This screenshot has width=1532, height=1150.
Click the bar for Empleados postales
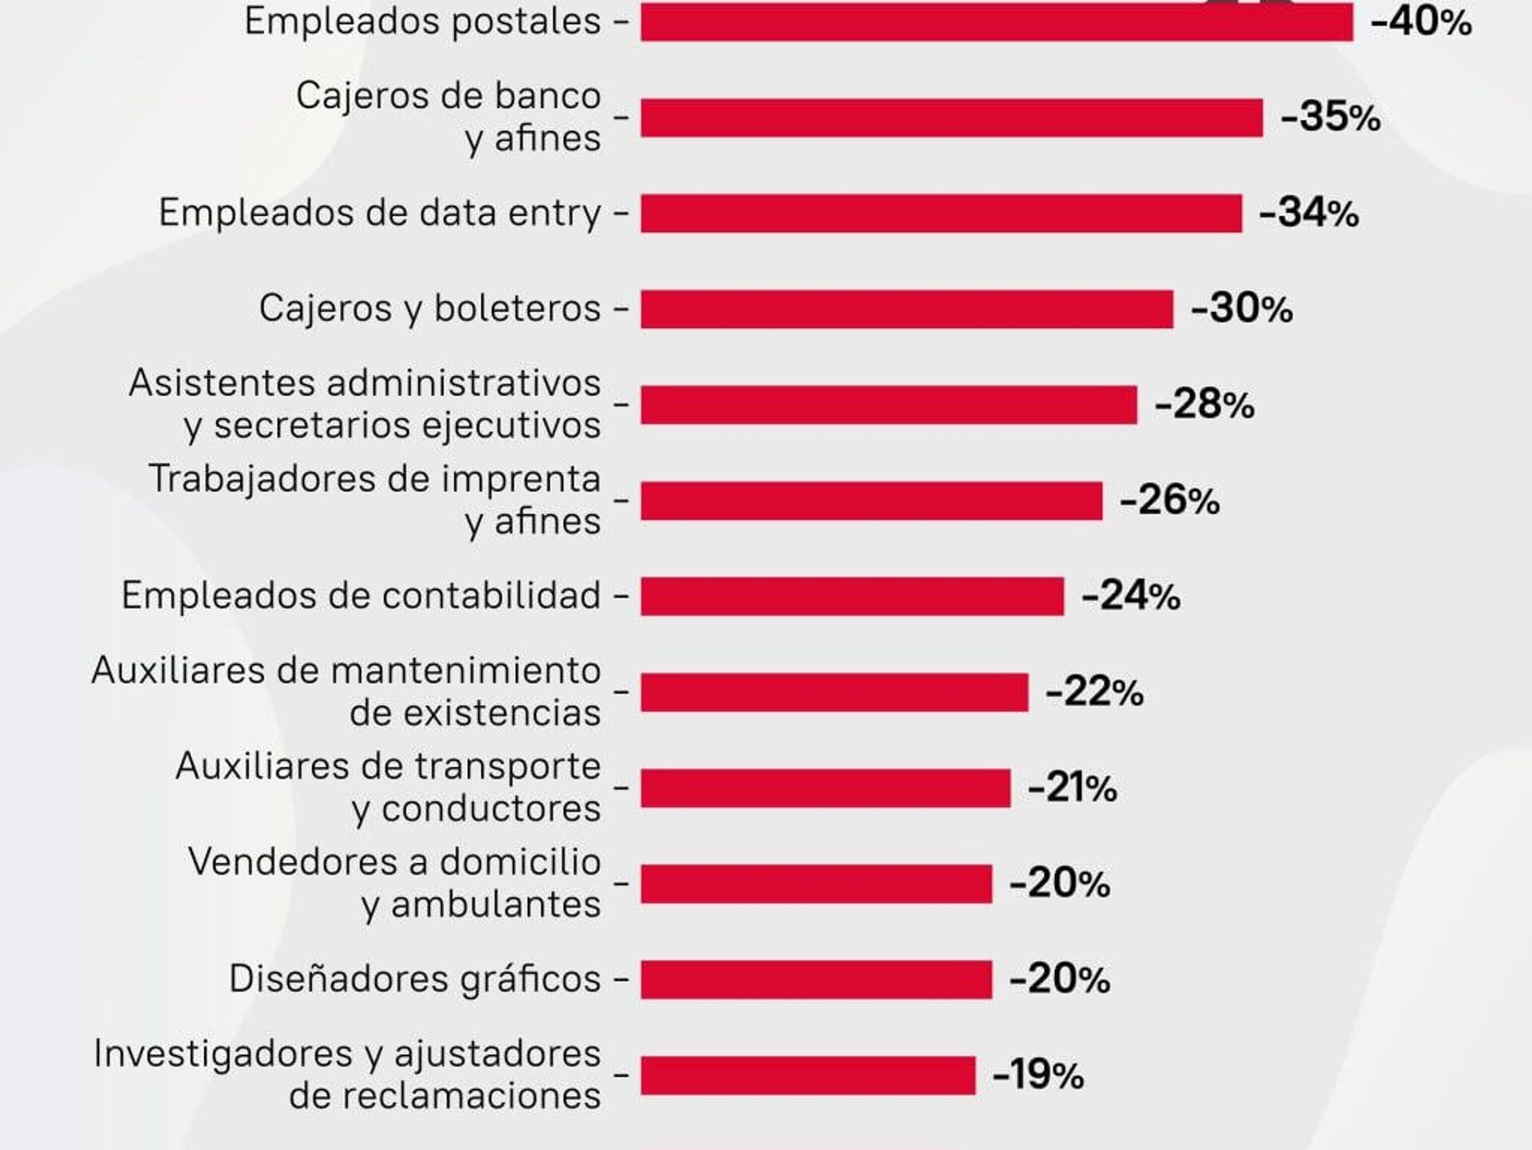point(997,22)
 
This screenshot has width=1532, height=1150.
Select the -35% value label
point(1330,117)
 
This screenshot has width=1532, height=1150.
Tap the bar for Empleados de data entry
point(941,213)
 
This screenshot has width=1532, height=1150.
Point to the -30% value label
point(1241,309)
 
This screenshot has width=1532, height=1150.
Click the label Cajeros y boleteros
point(429,309)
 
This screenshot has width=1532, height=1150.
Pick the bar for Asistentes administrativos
point(888,405)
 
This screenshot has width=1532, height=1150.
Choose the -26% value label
point(1169,500)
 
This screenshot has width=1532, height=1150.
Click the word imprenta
point(521,479)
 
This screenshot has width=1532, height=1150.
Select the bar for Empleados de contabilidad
point(852,596)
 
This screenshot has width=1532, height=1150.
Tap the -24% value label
point(1131,596)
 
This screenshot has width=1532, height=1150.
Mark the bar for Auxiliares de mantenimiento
point(834,692)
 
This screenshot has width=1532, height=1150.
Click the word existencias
point(475,713)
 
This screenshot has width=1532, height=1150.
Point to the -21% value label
point(1072,788)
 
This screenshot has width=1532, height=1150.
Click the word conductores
point(491,808)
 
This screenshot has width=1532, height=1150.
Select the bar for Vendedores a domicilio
point(815,883)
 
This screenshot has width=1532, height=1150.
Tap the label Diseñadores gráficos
point(414,979)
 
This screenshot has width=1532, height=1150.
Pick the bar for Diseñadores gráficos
point(815,979)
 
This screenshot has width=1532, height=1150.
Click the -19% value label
point(1037,1075)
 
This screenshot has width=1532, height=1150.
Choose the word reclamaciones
point(444,1096)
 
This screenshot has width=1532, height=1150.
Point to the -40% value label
point(1420,22)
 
